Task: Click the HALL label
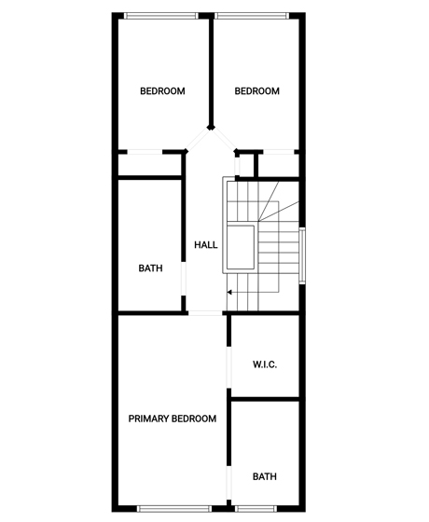206,245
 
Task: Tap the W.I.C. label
265,364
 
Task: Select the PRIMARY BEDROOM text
173,419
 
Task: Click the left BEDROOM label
162,91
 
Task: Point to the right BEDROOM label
257,91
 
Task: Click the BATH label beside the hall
150,268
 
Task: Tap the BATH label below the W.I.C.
265,476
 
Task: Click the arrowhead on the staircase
229,293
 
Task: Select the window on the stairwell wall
302,255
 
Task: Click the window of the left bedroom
161,16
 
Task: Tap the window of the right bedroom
252,16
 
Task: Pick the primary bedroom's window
174,509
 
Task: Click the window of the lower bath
256,509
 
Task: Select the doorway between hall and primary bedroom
205,313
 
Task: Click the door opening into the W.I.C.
228,368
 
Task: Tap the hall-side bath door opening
184,279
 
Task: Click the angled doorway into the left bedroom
198,140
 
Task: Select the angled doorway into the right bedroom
224,140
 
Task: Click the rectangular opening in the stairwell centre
241,247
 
